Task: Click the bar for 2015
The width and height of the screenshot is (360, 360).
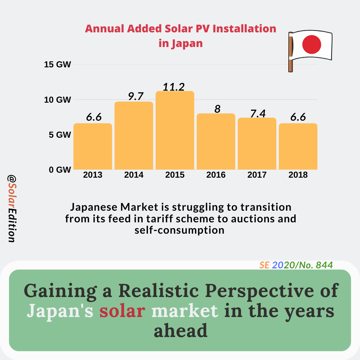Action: tap(175, 130)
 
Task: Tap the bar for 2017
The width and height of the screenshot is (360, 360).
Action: tap(257, 143)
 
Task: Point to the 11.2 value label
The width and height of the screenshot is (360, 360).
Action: tap(174, 87)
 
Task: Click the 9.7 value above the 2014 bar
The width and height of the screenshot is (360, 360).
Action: tap(136, 97)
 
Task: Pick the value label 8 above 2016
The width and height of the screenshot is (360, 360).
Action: tap(217, 109)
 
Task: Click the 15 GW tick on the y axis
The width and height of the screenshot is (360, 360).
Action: tap(58, 64)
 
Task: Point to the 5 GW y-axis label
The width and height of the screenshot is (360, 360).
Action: tap(60, 135)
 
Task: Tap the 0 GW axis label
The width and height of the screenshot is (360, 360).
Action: tap(60, 170)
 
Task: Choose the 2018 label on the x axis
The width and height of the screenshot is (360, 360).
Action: tap(298, 175)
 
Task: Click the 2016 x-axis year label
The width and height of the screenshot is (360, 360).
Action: tap(216, 175)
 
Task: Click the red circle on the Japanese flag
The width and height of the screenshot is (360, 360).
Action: tap(311, 44)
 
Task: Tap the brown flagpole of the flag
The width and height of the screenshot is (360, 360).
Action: tap(290, 52)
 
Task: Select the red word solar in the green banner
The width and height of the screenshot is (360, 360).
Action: tap(122, 311)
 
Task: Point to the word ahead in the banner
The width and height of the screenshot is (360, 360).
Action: tap(180, 331)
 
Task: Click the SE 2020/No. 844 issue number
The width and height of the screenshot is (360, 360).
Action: tap(296, 265)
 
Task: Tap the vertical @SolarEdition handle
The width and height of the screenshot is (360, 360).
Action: tap(11, 209)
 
